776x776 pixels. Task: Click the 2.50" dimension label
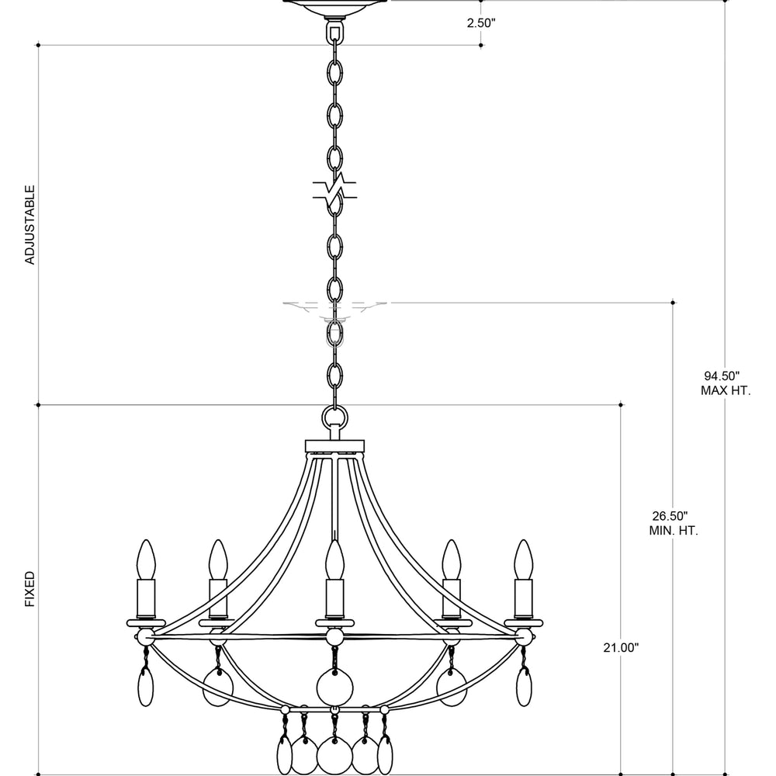(x=481, y=23)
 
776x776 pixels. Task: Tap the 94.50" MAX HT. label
(x=725, y=383)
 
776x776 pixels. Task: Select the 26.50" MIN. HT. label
(x=673, y=524)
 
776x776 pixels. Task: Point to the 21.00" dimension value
(x=621, y=647)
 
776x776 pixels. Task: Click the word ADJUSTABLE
(x=30, y=225)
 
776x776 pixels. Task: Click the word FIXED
(x=30, y=589)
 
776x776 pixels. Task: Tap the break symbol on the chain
(x=334, y=189)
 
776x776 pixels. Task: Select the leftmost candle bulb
(x=146, y=559)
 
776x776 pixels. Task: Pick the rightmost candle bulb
(x=523, y=559)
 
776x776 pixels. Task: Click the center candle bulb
(x=334, y=559)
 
